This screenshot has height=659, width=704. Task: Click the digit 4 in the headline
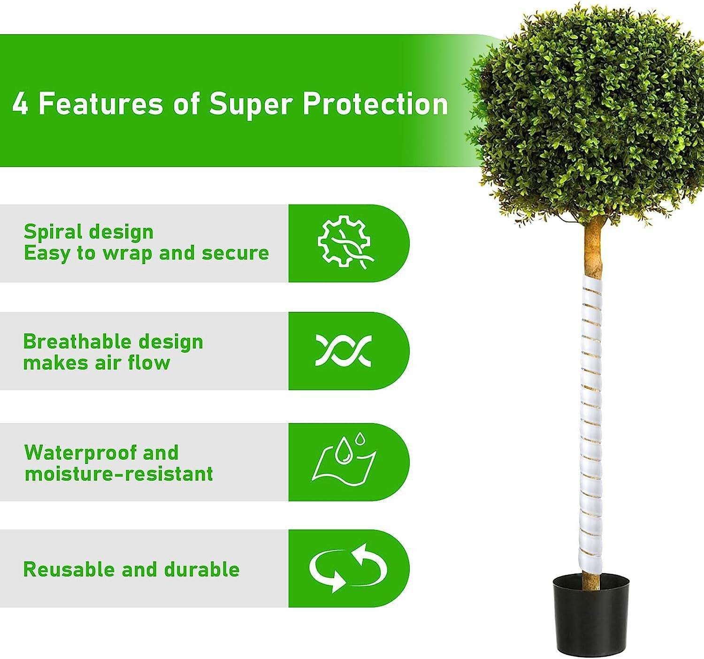[x=20, y=104]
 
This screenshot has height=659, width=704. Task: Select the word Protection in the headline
[x=375, y=104]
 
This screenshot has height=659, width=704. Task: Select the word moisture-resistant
[x=119, y=474]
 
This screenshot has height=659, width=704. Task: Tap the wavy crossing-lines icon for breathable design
[x=343, y=351]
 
